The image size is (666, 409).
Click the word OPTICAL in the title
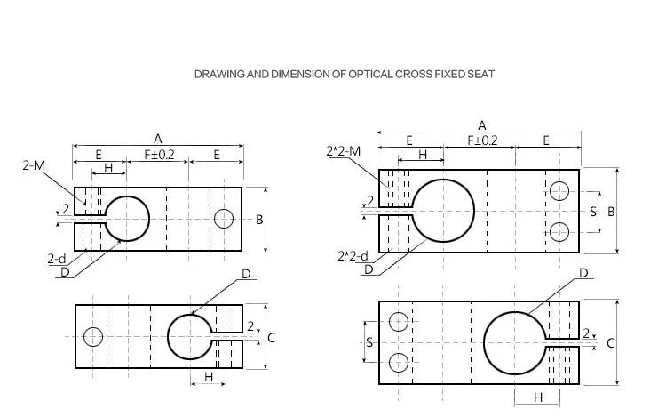(x=370, y=75)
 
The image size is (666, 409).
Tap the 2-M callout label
(x=34, y=165)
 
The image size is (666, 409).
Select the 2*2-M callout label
(x=344, y=151)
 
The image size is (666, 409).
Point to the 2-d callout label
(x=57, y=259)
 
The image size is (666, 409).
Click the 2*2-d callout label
(x=353, y=256)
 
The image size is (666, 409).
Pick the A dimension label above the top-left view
(x=157, y=139)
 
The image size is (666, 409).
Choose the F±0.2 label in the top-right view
(x=482, y=140)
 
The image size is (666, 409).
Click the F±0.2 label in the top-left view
(x=159, y=155)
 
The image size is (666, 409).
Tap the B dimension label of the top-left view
(x=259, y=220)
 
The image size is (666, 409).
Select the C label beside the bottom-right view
(x=610, y=343)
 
